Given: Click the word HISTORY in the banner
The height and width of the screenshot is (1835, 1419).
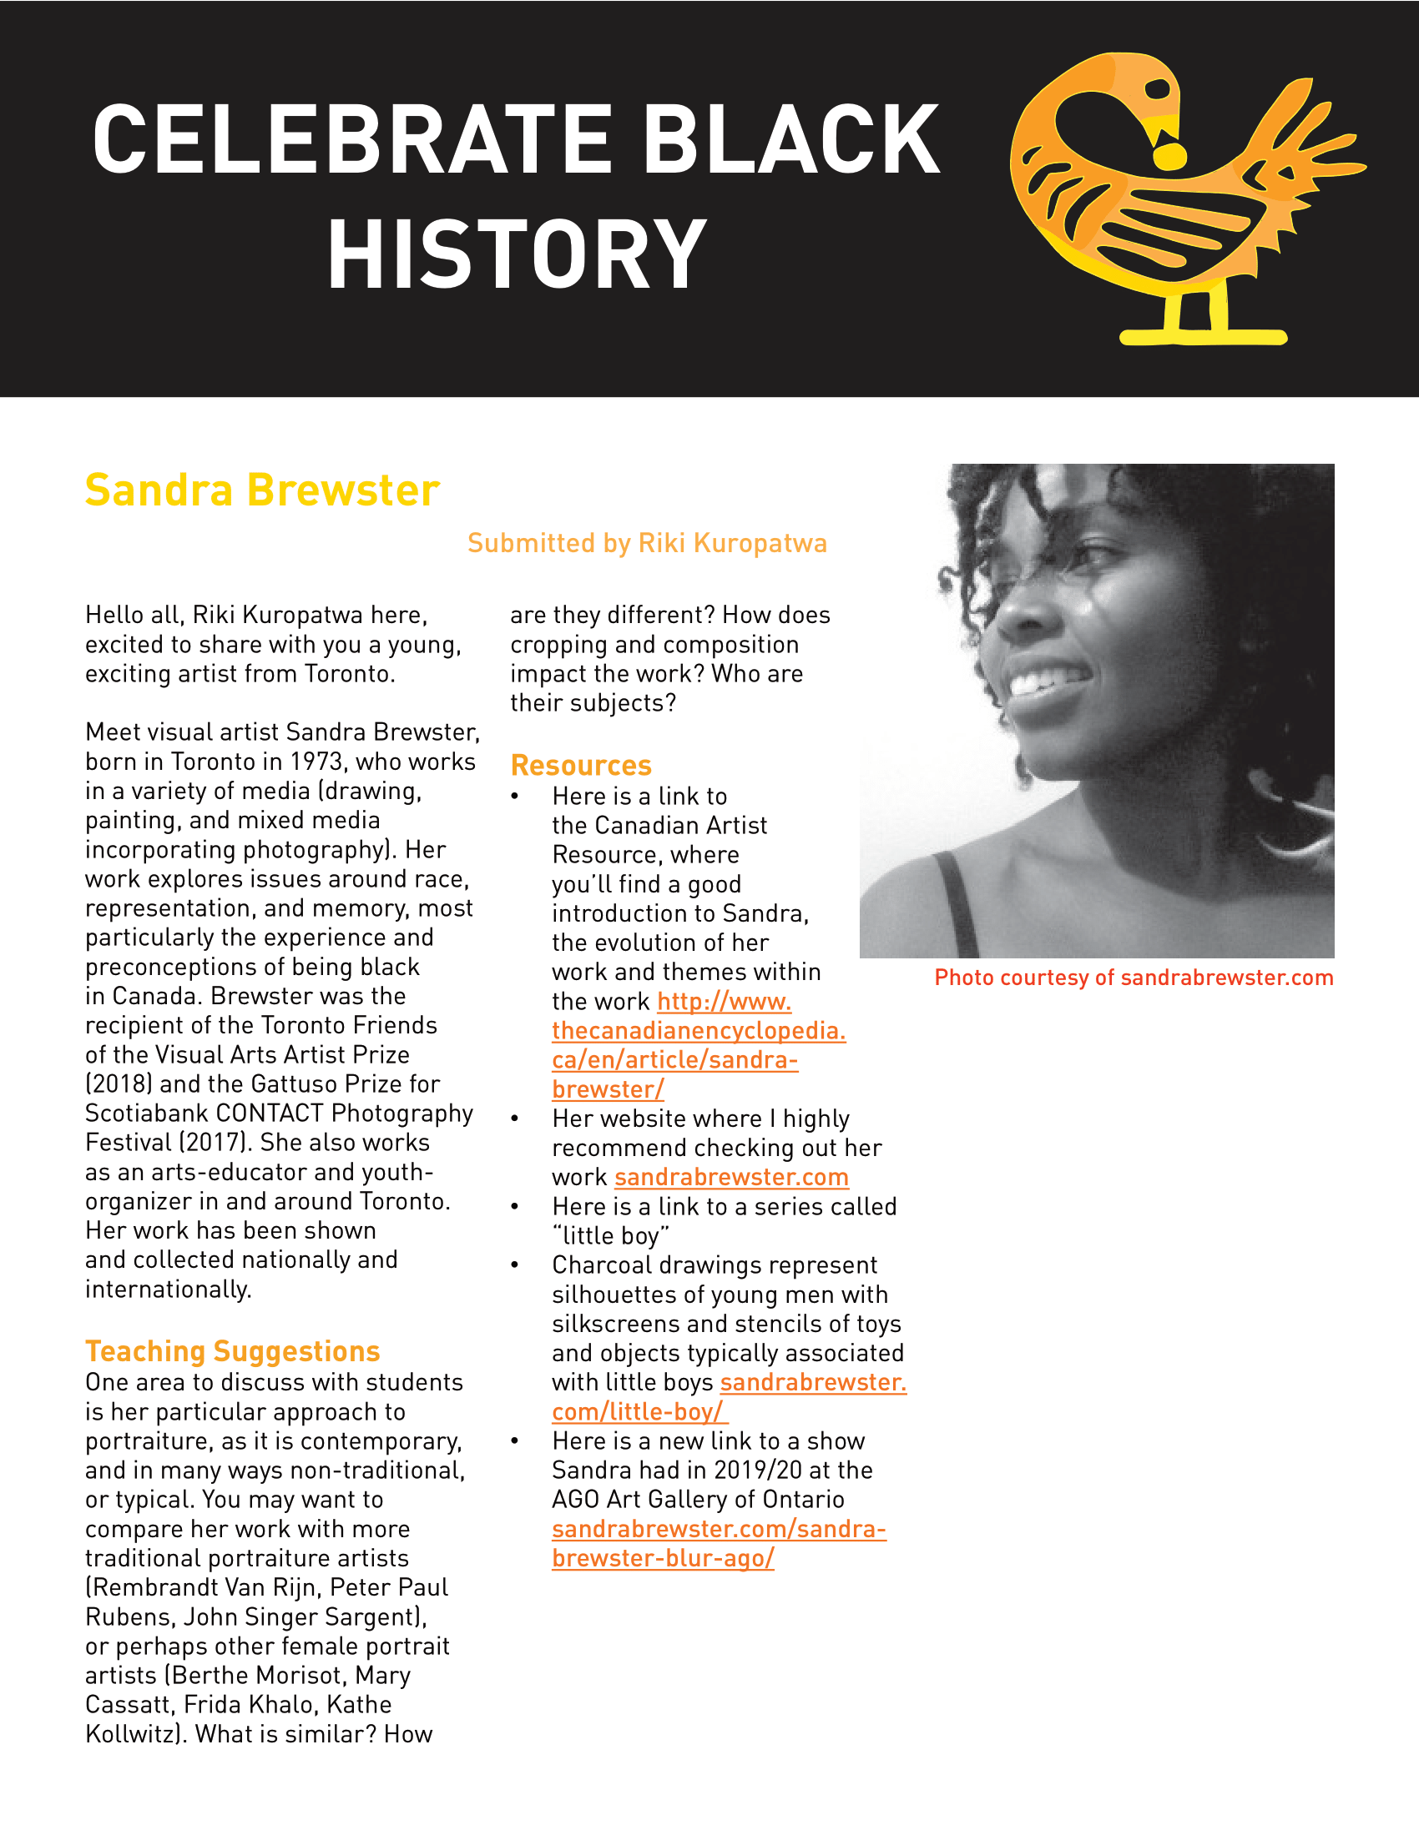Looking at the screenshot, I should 516,254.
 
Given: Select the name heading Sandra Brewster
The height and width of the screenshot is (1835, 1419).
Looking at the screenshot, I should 262,490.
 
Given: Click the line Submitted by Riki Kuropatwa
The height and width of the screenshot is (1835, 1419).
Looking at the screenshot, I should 646,544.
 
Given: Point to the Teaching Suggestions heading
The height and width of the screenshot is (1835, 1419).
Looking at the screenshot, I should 233,1351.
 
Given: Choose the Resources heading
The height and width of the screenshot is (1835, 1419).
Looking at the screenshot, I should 581,766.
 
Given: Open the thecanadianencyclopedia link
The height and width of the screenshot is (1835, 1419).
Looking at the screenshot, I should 698,1031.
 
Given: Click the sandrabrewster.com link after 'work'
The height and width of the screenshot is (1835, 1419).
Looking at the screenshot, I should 731,1177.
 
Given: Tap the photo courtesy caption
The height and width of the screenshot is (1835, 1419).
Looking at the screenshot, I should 1134,978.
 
